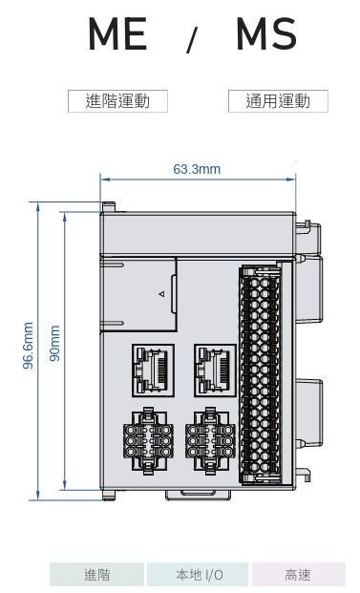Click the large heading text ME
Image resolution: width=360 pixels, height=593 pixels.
(x=117, y=34)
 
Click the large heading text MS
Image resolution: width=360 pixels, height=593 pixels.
(x=266, y=34)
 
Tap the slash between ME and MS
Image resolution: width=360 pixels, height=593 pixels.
(x=192, y=40)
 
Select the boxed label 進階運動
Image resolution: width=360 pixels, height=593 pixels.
(x=117, y=101)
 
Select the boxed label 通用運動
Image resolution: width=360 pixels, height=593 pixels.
(x=278, y=101)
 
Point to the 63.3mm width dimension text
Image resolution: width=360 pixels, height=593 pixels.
(x=197, y=169)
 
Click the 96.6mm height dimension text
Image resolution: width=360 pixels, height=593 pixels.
(x=29, y=346)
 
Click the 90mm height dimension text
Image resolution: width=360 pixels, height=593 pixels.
(x=55, y=343)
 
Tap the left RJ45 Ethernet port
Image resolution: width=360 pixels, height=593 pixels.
(x=153, y=371)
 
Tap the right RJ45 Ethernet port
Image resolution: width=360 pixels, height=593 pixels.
(x=215, y=371)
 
